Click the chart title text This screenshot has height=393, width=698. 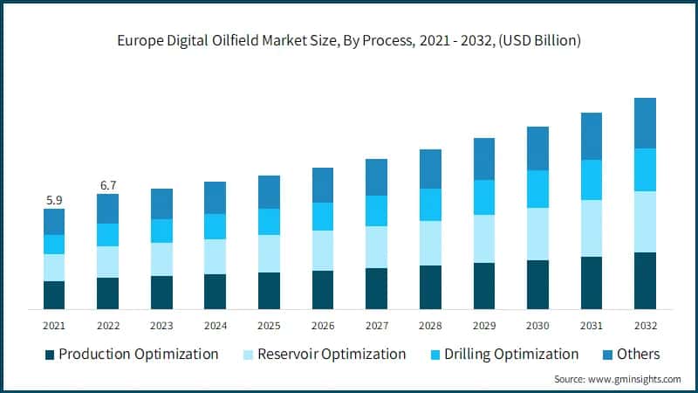tap(349, 40)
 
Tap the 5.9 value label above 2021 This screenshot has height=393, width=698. tap(54, 200)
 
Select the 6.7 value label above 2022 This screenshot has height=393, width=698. tap(107, 185)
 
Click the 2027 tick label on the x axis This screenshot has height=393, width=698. tap(376, 325)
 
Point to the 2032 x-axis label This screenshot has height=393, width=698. tap(645, 325)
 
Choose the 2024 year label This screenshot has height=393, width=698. tap(215, 325)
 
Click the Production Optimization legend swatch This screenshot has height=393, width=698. tap(50, 355)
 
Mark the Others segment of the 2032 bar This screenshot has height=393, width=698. tap(645, 123)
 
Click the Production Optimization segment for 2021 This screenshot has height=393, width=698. tap(54, 294)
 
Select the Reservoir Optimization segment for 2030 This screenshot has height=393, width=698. tap(537, 233)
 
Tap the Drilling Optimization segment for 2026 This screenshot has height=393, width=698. tap(323, 216)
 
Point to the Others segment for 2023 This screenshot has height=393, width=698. tap(161, 203)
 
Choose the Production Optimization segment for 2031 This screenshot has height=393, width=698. tap(592, 282)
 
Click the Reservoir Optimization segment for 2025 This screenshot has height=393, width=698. tap(269, 253)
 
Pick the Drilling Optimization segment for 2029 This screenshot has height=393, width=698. tap(484, 197)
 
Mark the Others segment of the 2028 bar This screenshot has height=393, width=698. tap(430, 169)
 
